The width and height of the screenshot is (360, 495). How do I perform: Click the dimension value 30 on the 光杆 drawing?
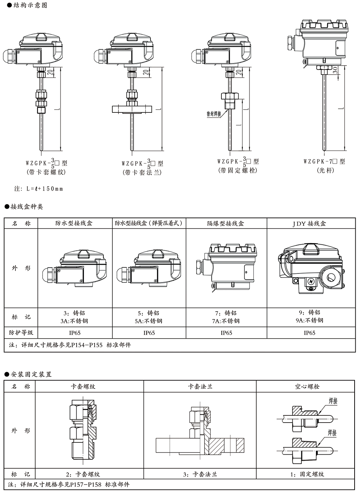[335, 70]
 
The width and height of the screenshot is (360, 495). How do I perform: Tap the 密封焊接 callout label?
[214, 114]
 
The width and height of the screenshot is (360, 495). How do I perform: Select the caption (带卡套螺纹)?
[46, 172]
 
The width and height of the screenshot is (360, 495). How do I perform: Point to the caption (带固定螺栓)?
[238, 170]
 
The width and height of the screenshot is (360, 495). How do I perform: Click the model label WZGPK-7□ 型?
[324, 162]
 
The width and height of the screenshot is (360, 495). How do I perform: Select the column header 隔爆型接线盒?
[226, 223]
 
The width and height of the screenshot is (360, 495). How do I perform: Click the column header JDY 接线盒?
[309, 223]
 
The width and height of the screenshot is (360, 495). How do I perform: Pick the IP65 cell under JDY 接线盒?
[309, 333]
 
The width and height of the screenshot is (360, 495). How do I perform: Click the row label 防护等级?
[21, 333]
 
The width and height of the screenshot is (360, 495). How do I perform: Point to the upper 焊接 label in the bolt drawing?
[333, 401]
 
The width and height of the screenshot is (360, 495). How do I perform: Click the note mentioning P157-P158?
[68, 485]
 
